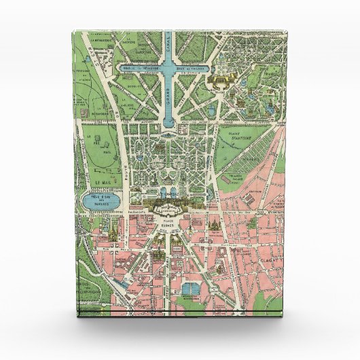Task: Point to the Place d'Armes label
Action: click(x=166, y=221)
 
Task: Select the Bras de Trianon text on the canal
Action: click(x=200, y=69)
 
